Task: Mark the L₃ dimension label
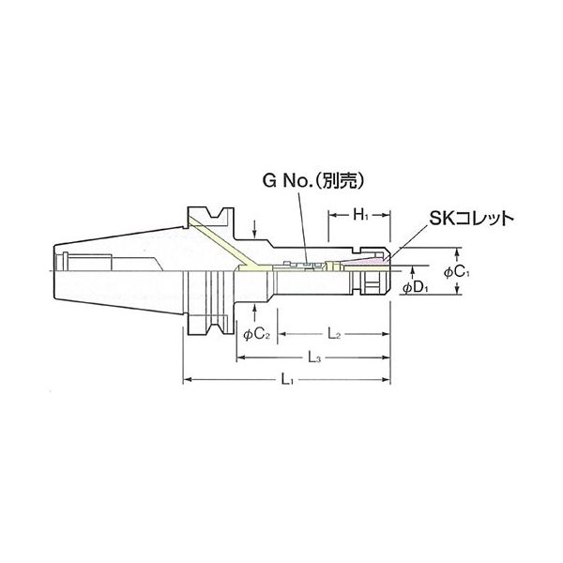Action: click(317, 358)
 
